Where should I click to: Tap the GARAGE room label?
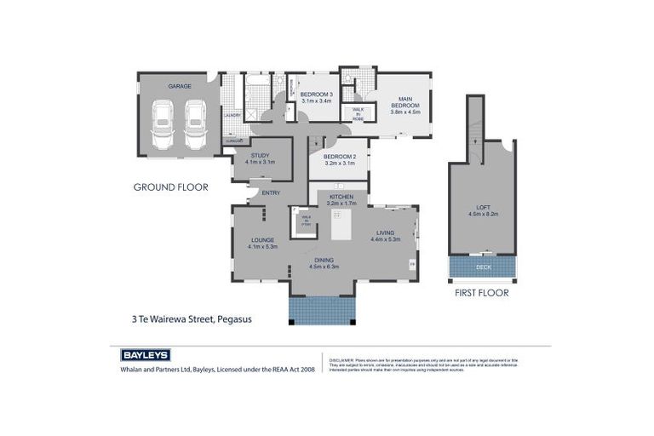click(x=179, y=86)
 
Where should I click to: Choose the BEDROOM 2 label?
click(x=338, y=157)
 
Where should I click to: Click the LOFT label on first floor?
click(x=483, y=209)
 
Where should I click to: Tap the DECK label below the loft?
click(x=483, y=267)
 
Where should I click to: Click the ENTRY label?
click(x=271, y=192)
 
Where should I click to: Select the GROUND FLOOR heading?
click(x=170, y=186)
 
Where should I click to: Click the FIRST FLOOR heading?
click(x=482, y=293)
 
